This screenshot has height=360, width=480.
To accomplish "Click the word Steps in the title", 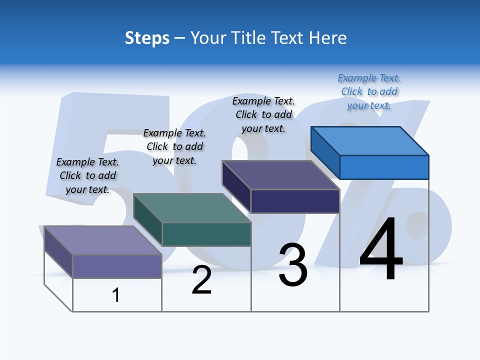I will tap(147, 38).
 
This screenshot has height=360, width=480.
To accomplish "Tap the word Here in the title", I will tap(328, 38).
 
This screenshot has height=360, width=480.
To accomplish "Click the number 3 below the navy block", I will tap(293, 265).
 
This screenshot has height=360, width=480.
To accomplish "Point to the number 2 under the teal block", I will tap(201, 280).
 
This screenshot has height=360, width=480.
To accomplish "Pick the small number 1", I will tap(116, 295).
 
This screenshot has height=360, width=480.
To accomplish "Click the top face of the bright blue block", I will tap(370, 140).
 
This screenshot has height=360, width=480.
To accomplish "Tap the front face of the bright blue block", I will tap(384, 167).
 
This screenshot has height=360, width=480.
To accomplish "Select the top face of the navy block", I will tap(281, 175).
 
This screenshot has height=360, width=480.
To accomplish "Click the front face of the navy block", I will tap(295, 201).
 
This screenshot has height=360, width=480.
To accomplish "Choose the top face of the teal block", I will tap(192, 208).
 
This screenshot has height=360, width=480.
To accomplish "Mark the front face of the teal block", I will tap(206, 234).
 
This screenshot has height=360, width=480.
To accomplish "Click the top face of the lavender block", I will tap(103, 240).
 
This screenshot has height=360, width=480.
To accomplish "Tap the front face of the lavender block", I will tap(117, 266).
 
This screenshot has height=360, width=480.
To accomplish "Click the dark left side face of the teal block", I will tap(148, 220).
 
